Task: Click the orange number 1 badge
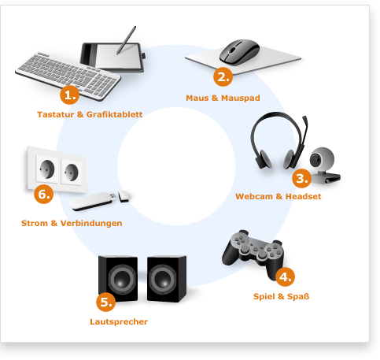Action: [70, 95]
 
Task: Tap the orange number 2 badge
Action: [223, 76]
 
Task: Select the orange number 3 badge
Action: [302, 178]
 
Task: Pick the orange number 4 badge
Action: [286, 276]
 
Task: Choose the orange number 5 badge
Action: [106, 302]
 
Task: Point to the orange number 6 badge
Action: [44, 194]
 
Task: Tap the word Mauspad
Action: [241, 98]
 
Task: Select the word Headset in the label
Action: [303, 196]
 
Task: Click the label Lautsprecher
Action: [119, 322]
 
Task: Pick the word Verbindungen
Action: [91, 224]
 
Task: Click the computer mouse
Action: [239, 52]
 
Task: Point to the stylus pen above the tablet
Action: [127, 40]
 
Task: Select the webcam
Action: [324, 165]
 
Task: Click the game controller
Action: [253, 252]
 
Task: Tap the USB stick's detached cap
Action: [124, 196]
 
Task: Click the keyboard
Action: [68, 76]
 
